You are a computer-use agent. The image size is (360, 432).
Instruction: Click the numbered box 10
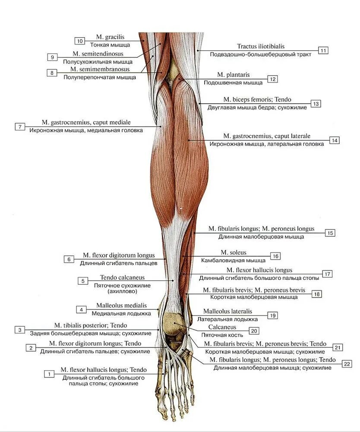(80, 41)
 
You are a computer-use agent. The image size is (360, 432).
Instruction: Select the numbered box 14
(334, 140)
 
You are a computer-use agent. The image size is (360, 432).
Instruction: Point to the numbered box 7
(20, 127)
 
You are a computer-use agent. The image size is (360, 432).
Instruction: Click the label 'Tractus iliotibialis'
(260, 46)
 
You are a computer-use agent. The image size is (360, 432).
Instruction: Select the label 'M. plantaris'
(233, 75)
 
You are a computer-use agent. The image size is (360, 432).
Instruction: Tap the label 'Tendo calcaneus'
(122, 277)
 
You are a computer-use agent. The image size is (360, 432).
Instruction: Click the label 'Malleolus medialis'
(121, 305)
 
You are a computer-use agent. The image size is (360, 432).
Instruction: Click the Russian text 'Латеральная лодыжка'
(227, 319)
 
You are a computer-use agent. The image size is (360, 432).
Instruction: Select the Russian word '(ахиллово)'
(122, 292)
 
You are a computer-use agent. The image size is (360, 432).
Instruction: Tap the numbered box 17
(327, 274)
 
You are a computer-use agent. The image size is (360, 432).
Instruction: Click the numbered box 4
(81, 309)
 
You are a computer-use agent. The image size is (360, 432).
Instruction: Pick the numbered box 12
(272, 79)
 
